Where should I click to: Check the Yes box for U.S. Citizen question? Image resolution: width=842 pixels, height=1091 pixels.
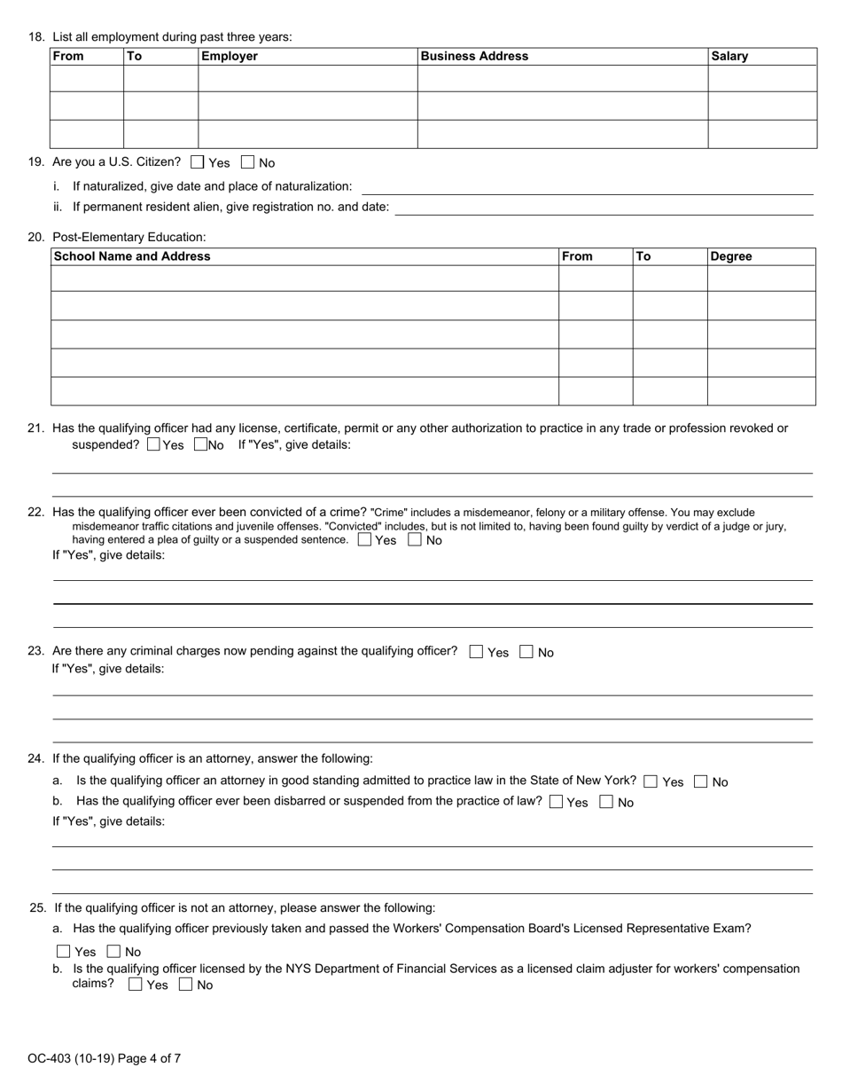[x=198, y=162]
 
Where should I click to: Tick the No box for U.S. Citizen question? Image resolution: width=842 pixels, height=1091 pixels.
[x=248, y=162]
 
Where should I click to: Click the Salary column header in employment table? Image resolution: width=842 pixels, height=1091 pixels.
[x=729, y=56]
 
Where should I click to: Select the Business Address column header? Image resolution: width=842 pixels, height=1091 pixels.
[x=474, y=56]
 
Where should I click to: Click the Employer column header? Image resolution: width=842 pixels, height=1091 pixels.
[x=230, y=56]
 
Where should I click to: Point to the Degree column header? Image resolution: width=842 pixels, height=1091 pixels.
[x=731, y=256]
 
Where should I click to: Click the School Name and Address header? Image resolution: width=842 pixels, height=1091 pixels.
[x=132, y=256]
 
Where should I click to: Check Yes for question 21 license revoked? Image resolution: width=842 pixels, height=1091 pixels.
[x=153, y=444]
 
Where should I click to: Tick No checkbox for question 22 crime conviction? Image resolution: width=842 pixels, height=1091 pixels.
[x=415, y=539]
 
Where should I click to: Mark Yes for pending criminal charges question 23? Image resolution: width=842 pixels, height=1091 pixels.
[x=476, y=652]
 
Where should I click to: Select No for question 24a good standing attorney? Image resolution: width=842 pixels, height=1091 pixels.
[x=701, y=781]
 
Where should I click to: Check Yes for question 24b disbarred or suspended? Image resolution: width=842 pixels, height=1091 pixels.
[x=557, y=802]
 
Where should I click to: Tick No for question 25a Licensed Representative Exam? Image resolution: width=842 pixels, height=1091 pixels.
[x=113, y=952]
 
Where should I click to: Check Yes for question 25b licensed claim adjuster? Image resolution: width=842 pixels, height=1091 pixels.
[x=135, y=985]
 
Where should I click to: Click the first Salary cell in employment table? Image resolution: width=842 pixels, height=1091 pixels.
[x=761, y=78]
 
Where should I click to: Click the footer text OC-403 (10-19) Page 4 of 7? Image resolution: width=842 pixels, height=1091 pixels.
[x=104, y=1058]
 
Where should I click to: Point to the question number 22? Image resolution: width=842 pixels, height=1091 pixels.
[x=36, y=512]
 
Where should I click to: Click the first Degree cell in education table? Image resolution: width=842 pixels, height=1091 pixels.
[x=760, y=278]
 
